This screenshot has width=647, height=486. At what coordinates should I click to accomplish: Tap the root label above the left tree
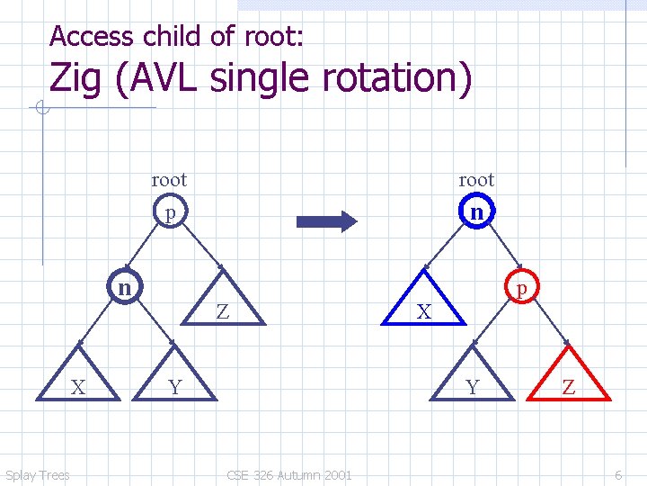pyautogui.click(x=169, y=180)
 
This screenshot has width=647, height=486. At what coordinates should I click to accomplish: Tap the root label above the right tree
pyautogui.click(x=476, y=180)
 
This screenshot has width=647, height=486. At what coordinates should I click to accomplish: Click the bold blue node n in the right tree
pyautogui.click(x=477, y=212)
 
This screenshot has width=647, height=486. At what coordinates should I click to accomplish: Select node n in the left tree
pyautogui.click(x=124, y=287)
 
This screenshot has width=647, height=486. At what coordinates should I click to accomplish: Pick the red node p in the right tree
pyautogui.click(x=521, y=287)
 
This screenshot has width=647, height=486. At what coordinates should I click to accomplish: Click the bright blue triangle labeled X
pyautogui.click(x=424, y=307)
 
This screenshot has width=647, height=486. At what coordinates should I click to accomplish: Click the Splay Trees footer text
pyautogui.click(x=37, y=475)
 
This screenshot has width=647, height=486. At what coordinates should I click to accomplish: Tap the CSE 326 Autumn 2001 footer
pyautogui.click(x=289, y=475)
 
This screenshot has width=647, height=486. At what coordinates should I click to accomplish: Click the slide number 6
pyautogui.click(x=618, y=475)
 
